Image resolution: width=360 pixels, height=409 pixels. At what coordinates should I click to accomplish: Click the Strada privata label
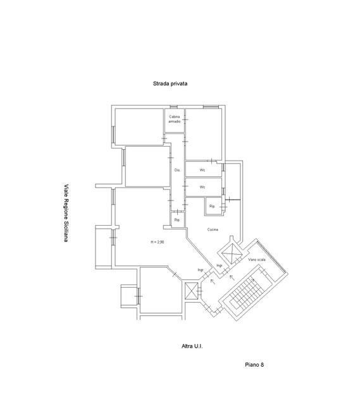click(x=170, y=83)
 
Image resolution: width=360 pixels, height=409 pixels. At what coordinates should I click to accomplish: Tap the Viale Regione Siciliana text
click(x=66, y=213)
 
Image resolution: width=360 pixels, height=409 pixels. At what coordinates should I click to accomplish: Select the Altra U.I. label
click(x=192, y=346)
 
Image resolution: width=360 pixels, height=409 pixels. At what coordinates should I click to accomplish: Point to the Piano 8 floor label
click(x=254, y=365)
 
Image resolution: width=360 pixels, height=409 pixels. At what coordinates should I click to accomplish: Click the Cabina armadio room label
click(x=175, y=119)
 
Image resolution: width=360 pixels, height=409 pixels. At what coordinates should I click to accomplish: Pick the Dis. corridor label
click(x=177, y=170)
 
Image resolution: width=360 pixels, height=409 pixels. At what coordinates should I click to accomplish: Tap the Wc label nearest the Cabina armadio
click(x=202, y=170)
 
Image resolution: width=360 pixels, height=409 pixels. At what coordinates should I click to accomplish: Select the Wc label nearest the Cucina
click(x=202, y=187)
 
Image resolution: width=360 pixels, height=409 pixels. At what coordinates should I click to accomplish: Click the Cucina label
click(x=213, y=229)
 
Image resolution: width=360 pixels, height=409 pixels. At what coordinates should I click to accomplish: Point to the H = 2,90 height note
click(x=158, y=242)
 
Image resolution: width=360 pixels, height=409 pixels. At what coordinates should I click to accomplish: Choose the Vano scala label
click(x=257, y=260)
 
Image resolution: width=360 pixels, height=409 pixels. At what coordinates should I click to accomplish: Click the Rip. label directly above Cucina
click(x=212, y=206)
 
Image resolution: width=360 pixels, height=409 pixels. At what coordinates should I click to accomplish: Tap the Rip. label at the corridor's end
click(x=177, y=220)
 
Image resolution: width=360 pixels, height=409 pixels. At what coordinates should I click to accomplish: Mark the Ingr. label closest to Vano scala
click(x=220, y=266)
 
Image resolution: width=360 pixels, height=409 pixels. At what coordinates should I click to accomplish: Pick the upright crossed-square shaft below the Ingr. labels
click(x=191, y=291)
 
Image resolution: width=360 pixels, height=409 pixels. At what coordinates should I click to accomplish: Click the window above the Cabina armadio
click(x=173, y=107)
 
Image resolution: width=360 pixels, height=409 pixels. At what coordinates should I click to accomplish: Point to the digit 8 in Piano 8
click(x=262, y=365)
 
